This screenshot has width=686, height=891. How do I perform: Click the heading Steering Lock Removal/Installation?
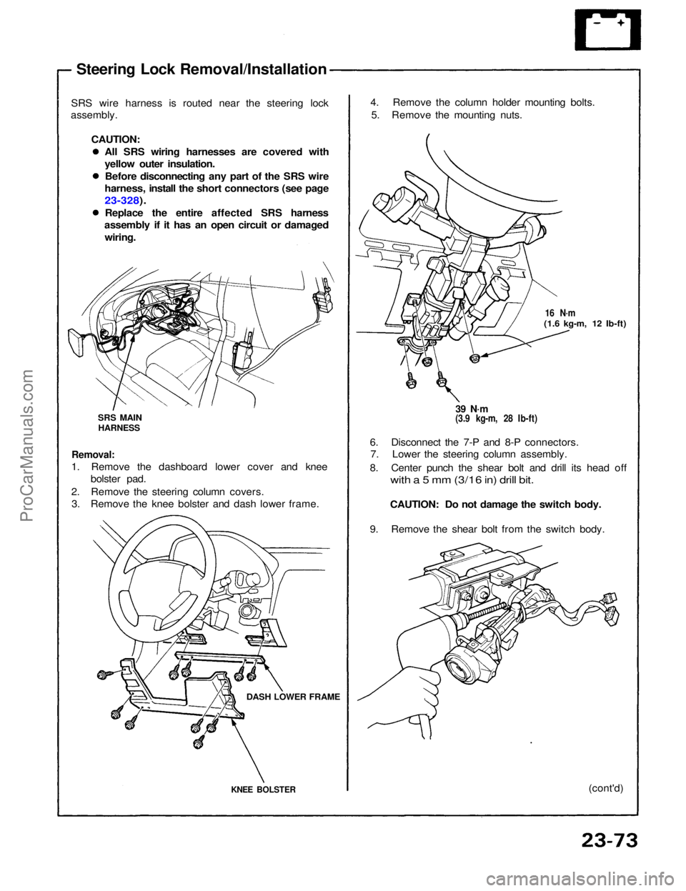coord(202,69)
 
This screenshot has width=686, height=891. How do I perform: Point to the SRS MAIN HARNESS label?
coord(119,422)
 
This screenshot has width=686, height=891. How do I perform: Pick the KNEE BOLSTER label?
coord(262,789)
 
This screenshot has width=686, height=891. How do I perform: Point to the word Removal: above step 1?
coord(94,454)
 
